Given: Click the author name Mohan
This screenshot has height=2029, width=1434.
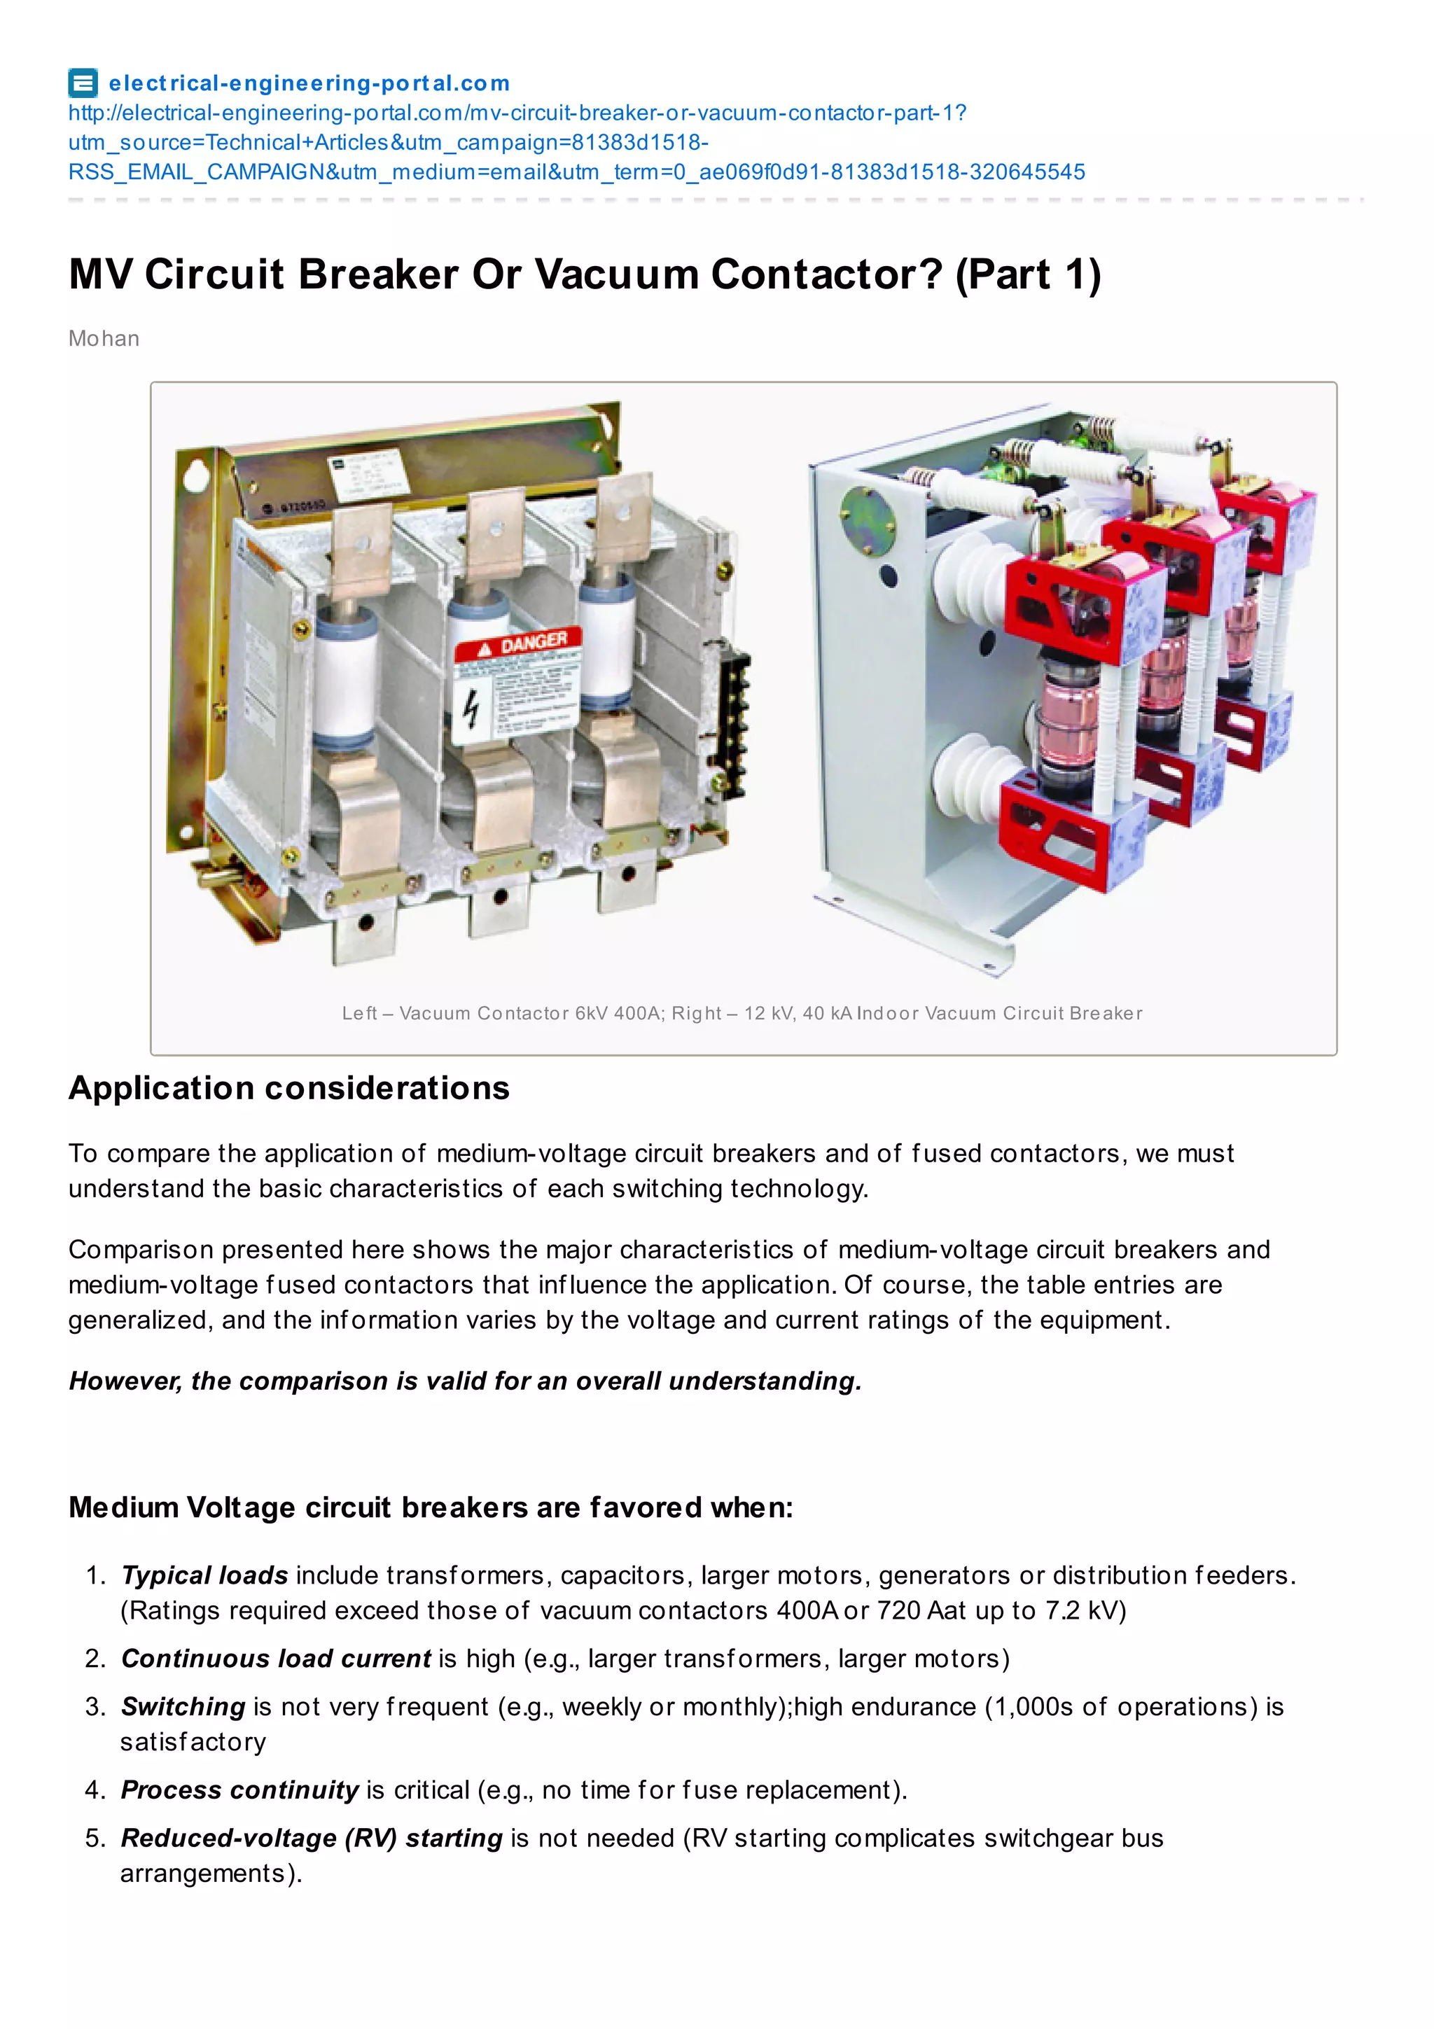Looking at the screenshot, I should coord(104,338).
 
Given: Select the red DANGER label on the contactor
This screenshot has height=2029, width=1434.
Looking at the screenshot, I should coord(519,643).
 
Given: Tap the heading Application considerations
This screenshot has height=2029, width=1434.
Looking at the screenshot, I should coord(289,1088).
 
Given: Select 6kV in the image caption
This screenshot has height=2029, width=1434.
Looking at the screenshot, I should coord(591,1014).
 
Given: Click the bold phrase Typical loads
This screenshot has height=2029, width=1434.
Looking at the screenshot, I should coord(204,1575).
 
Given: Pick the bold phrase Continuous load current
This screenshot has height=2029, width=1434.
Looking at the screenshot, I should coord(276,1658).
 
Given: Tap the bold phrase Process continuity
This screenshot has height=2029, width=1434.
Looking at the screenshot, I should coord(239,1790).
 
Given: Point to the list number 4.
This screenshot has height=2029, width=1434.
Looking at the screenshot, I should coord(95,1790).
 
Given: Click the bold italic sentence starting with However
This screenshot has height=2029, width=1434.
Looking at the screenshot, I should coord(465,1381).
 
